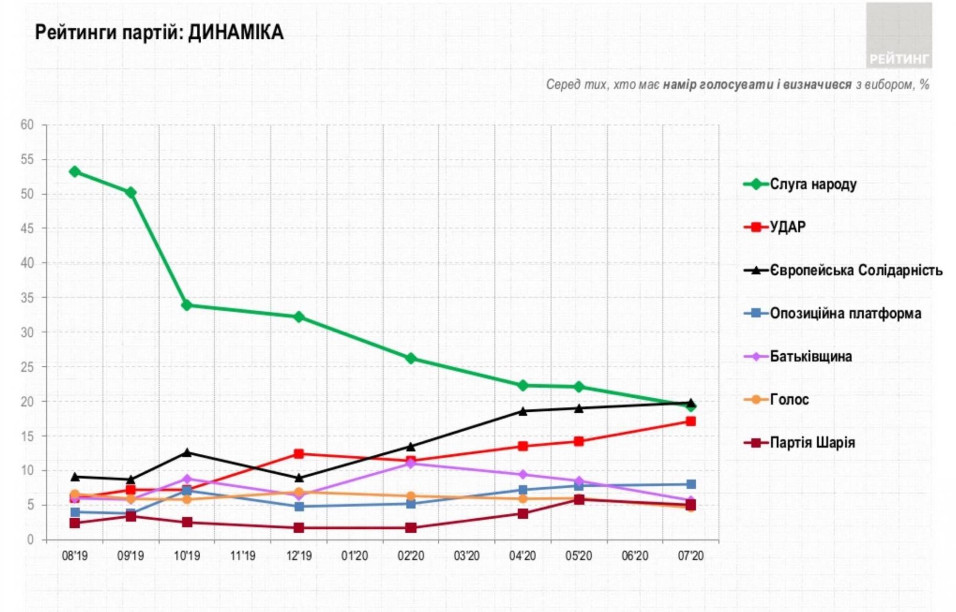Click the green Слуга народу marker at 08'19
[x=75, y=171]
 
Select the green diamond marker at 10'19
[x=187, y=305]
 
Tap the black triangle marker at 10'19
[x=187, y=452]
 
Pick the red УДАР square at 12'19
[x=299, y=454]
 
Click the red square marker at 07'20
[x=690, y=421]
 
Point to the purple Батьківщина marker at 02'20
[x=411, y=463]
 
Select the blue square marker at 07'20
[x=690, y=484]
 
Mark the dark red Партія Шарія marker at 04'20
[x=523, y=514]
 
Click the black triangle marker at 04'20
[x=523, y=411]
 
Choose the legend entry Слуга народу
[x=813, y=184]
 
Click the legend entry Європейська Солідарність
[x=856, y=270]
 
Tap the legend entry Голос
[x=789, y=399]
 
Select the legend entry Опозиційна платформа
[x=845, y=313]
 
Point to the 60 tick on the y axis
[x=27, y=125]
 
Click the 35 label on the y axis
[x=27, y=298]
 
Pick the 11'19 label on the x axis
[x=243, y=556]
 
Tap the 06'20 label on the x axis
[x=634, y=556]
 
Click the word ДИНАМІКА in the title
[x=236, y=33]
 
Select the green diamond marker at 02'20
[x=411, y=358]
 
